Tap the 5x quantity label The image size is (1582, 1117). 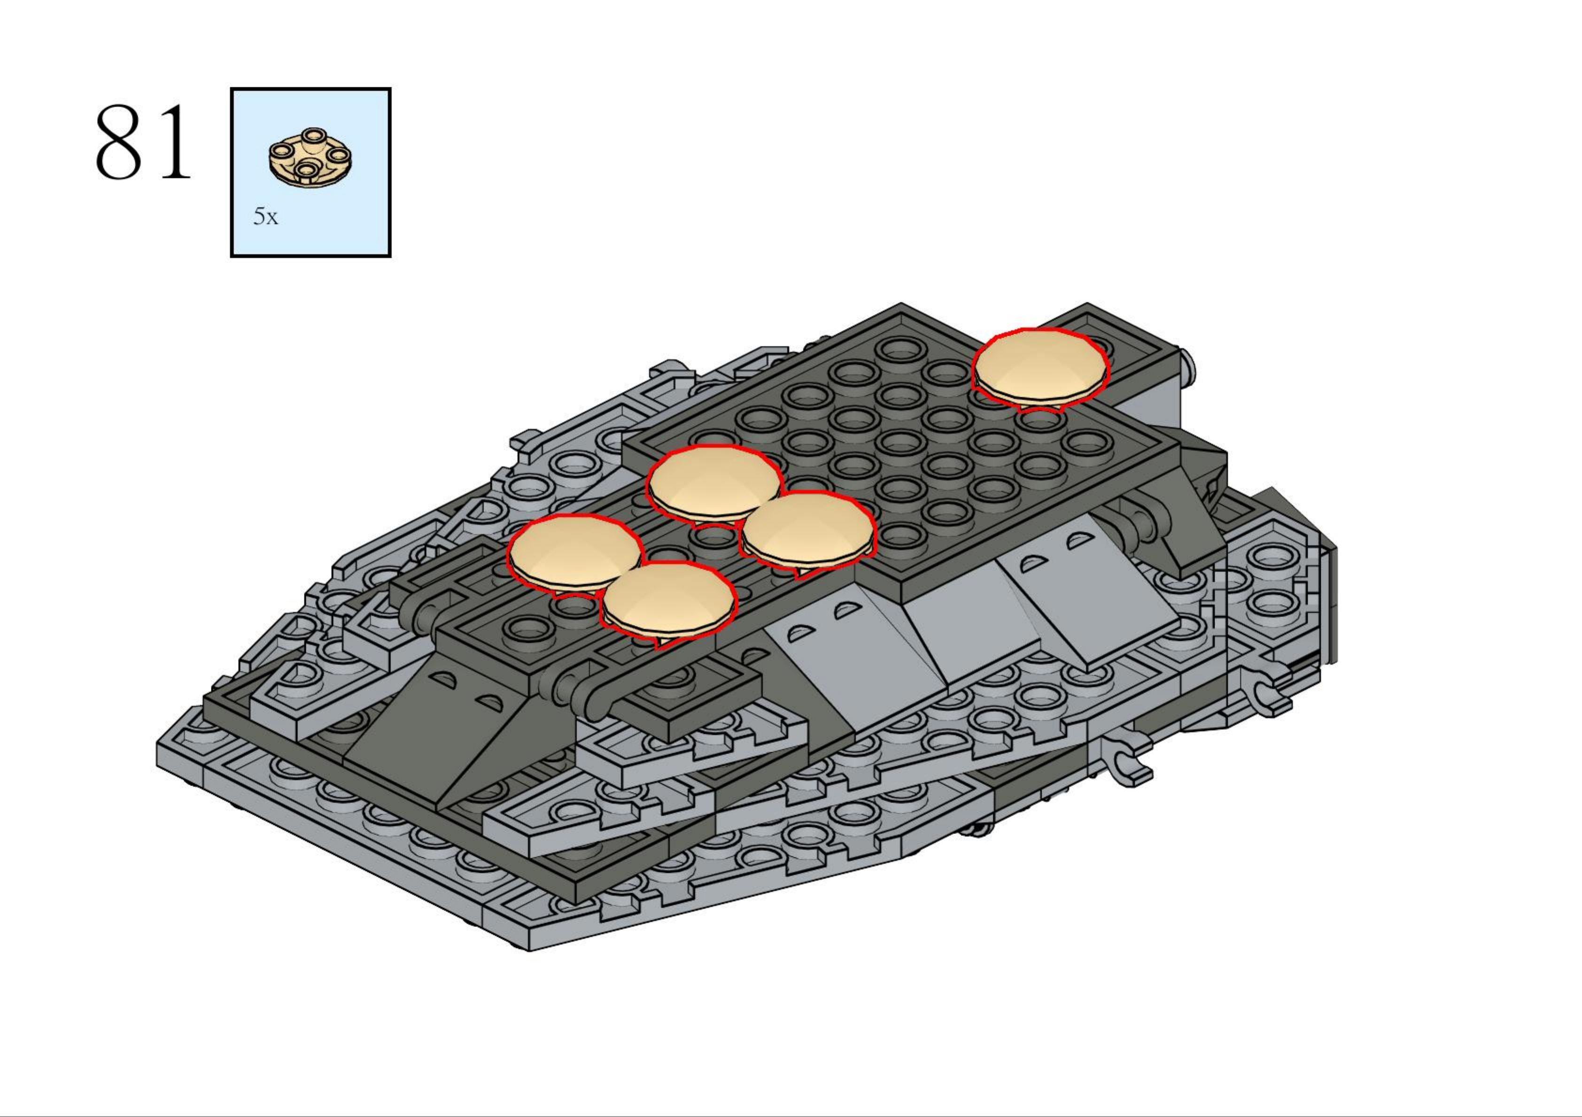265,217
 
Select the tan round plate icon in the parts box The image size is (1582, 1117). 311,157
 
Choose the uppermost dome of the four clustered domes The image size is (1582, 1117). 714,484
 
